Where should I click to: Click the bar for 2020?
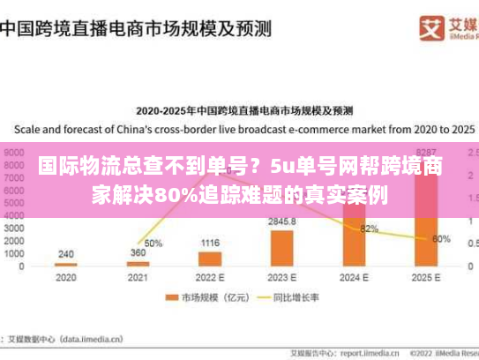pos(66,265)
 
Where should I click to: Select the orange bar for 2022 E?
pos(210,259)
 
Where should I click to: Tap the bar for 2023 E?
pos(282,248)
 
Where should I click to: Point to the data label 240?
pos(66,254)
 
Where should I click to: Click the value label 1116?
pos(210,243)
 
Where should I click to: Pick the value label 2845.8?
pos(282,221)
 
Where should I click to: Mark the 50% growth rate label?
pos(153,243)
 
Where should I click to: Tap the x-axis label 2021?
pos(138,278)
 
